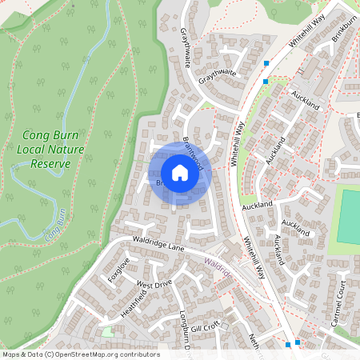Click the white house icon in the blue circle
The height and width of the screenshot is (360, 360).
pos(180,172)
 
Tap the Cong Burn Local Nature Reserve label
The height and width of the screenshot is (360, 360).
pos(46,150)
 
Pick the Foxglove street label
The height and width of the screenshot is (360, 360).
pos(118,269)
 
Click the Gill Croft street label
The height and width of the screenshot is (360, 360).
pos(205,326)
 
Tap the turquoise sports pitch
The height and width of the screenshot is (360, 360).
pos(349,216)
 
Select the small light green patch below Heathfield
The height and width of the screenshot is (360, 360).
pos(108,330)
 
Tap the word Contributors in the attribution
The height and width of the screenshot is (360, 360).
pos(137,354)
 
